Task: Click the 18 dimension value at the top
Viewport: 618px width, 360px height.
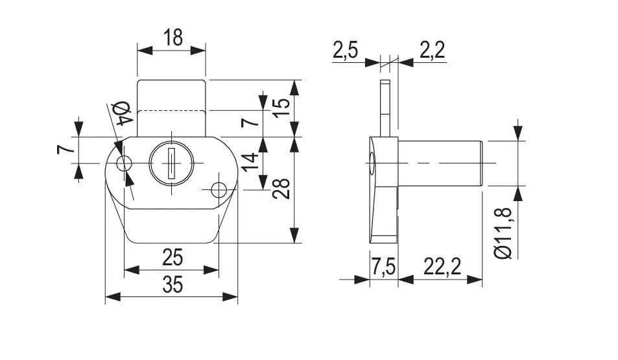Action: click(173, 38)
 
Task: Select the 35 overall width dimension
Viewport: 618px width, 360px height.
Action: click(172, 285)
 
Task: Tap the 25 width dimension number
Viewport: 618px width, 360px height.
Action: click(172, 258)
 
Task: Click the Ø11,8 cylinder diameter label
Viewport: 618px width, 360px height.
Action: click(503, 233)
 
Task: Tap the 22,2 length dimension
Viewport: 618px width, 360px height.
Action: click(442, 267)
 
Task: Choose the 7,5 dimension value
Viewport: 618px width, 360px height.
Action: click(383, 267)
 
